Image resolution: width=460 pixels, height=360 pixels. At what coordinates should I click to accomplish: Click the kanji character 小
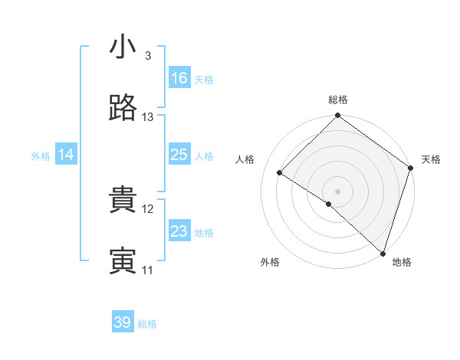[x=123, y=47]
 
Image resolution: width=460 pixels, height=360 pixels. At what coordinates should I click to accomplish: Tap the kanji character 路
[x=123, y=109]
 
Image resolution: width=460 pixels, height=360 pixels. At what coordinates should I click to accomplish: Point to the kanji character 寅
[x=123, y=262]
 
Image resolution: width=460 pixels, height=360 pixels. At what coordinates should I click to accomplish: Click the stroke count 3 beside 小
[x=147, y=56]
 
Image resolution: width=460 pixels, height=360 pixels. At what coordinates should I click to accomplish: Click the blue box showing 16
[x=179, y=78]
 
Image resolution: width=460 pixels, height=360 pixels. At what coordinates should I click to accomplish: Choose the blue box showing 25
[x=179, y=155]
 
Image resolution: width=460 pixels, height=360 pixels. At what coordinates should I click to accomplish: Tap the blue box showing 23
[x=179, y=231]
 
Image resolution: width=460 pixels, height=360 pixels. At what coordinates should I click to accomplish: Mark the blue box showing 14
[x=66, y=155]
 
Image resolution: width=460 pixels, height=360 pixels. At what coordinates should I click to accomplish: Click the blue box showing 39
[x=123, y=322]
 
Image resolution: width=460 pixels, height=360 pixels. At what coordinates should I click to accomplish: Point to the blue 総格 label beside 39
[x=148, y=324]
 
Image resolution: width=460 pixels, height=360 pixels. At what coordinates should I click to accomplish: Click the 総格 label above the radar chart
[x=338, y=100]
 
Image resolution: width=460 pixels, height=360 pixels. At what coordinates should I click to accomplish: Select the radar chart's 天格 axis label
[x=431, y=159]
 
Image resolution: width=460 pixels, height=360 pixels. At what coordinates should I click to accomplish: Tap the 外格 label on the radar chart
[x=270, y=262]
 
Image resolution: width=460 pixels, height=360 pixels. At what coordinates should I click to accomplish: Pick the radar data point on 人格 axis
[x=280, y=173]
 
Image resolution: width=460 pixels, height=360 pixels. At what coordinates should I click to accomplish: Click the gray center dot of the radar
[x=338, y=191]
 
